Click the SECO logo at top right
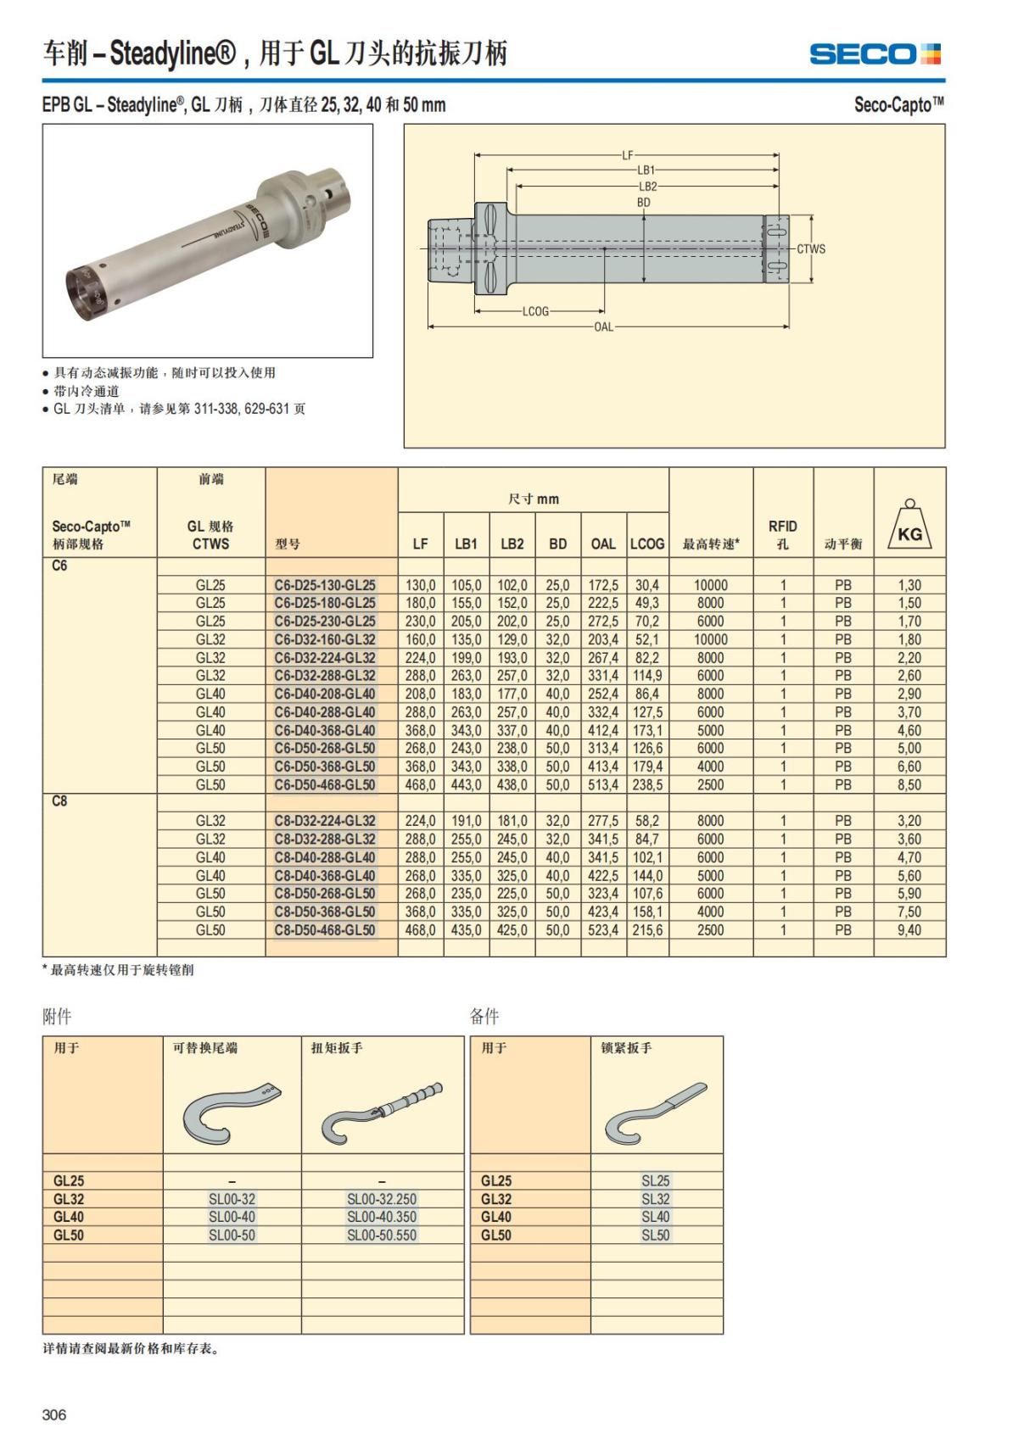[x=875, y=54]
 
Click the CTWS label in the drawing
[x=810, y=249]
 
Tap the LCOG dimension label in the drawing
[x=535, y=311]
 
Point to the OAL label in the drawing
[x=603, y=326]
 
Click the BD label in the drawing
[x=643, y=203]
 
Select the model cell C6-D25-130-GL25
[x=325, y=585]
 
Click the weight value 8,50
[x=909, y=785]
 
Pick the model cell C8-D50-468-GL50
[x=325, y=930]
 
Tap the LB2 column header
[x=512, y=544]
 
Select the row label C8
[x=59, y=801]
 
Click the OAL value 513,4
[x=603, y=785]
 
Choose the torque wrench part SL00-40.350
[x=382, y=1217]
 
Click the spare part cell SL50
[x=656, y=1235]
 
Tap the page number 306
[x=53, y=1414]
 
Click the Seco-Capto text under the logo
[x=898, y=105]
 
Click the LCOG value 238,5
[x=647, y=785]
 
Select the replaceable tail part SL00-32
[x=232, y=1199]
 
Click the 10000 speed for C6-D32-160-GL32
[x=710, y=639]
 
